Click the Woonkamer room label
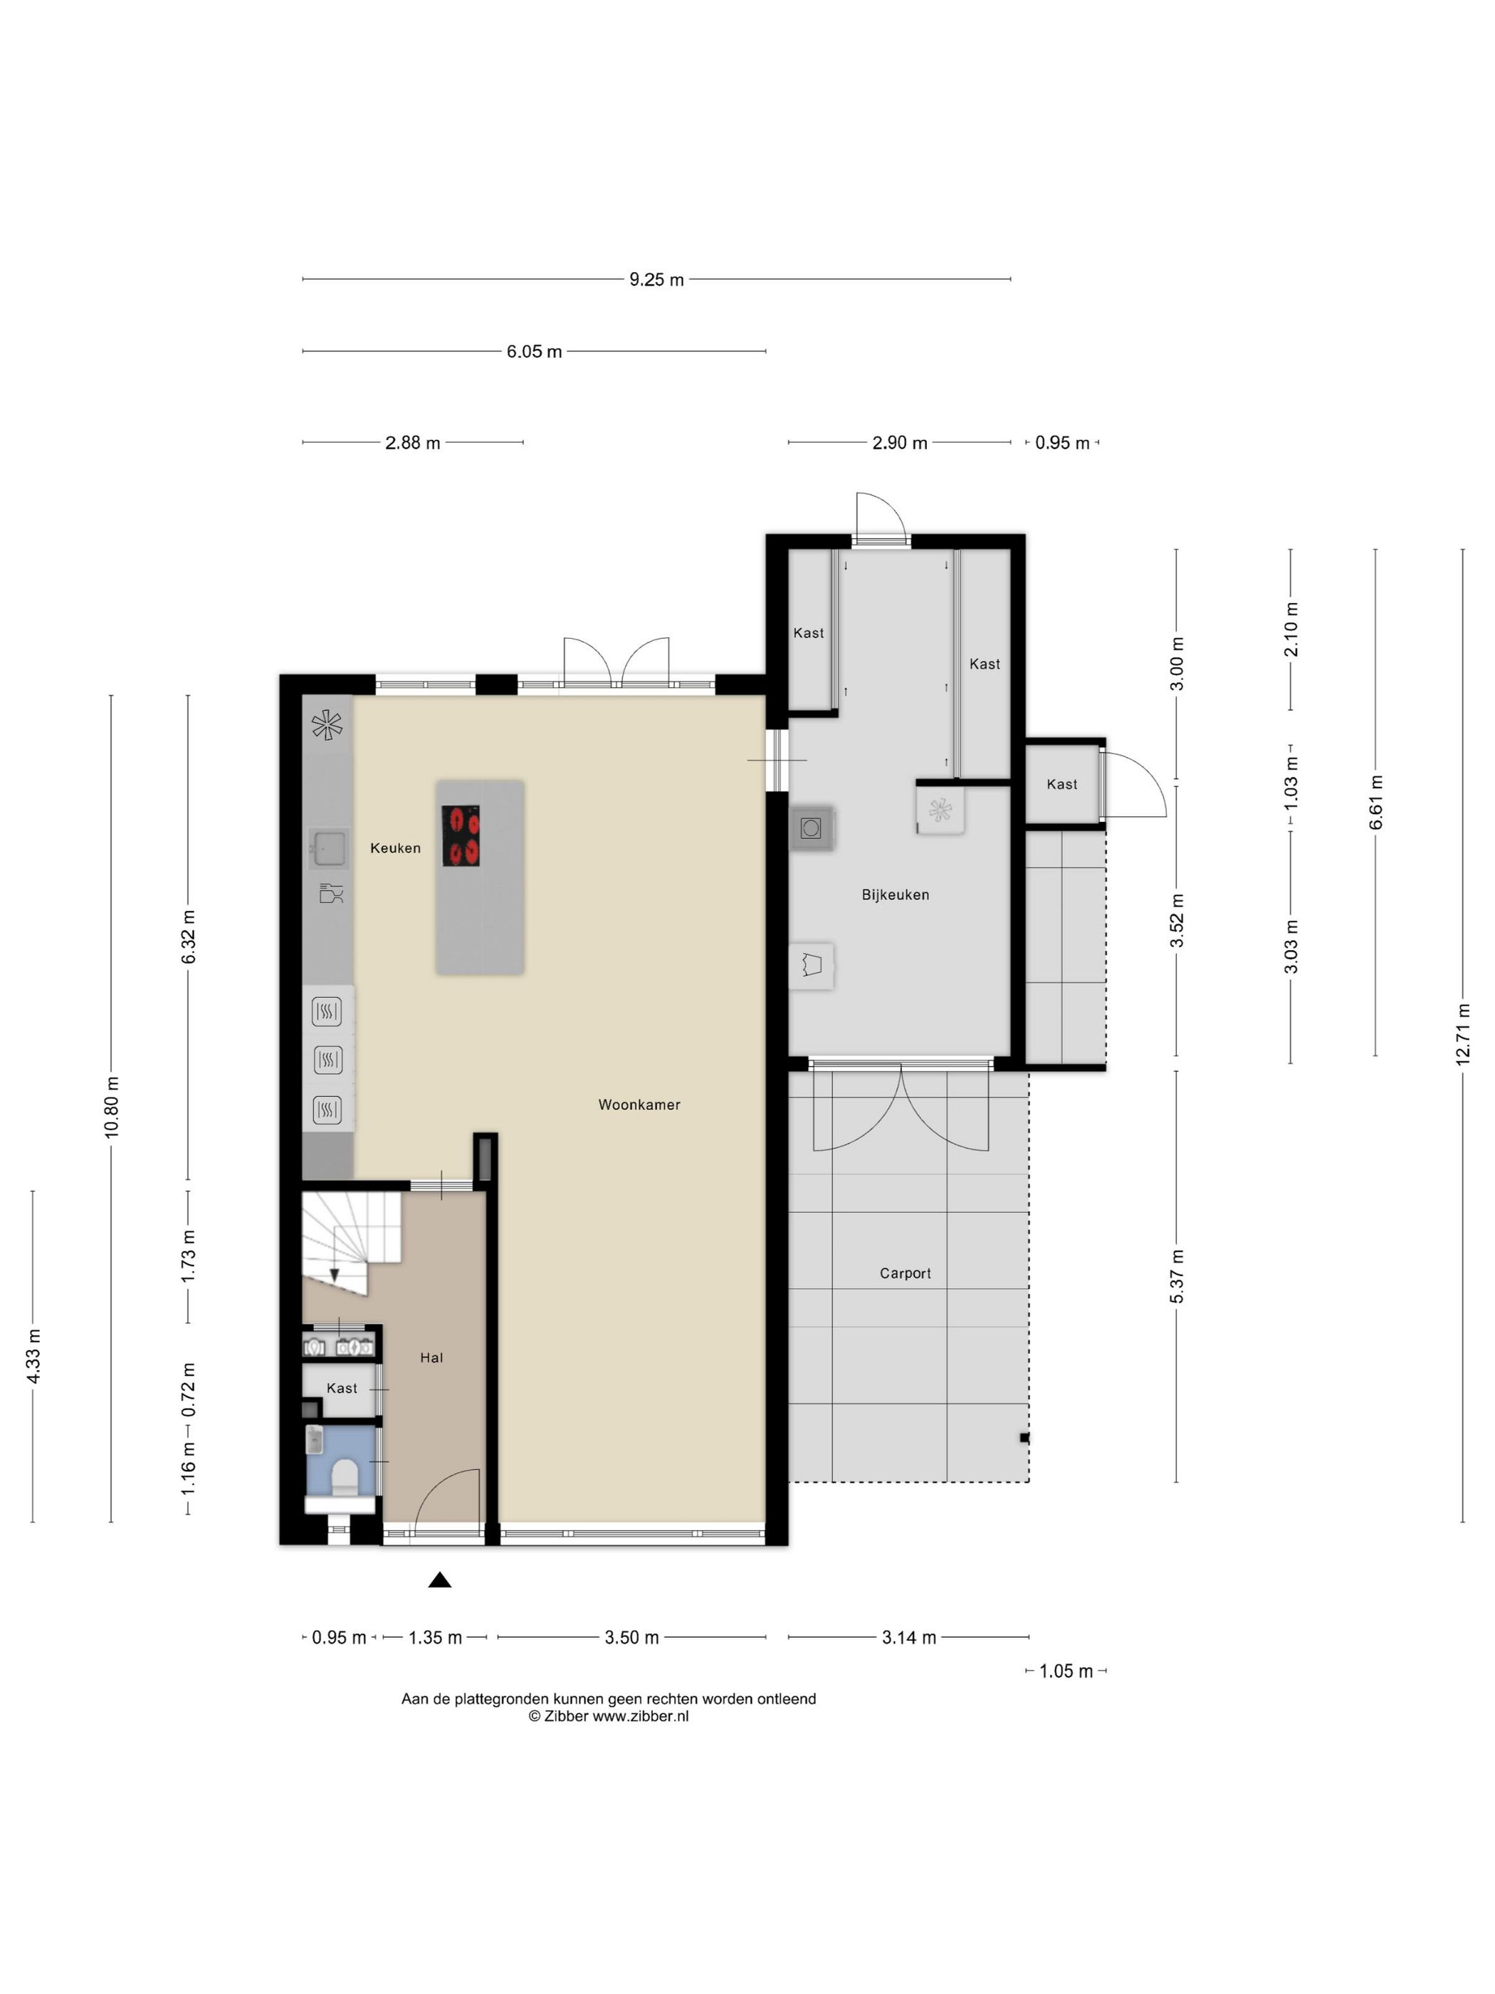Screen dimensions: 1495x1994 point(639,1105)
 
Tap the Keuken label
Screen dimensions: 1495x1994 point(394,847)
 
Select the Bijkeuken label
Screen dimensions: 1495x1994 point(895,894)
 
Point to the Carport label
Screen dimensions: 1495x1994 point(905,1273)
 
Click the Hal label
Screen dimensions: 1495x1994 point(431,1357)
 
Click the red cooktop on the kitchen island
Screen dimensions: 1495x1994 point(460,835)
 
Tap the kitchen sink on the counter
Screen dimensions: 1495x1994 point(328,847)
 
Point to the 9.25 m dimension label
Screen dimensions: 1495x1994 point(656,279)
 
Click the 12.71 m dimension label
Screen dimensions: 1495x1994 point(1462,1034)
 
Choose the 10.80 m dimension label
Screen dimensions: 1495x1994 point(112,1107)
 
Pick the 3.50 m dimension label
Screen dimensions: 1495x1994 point(631,1637)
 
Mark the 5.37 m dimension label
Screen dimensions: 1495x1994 point(1177,1275)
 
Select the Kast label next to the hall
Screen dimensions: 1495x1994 point(342,1388)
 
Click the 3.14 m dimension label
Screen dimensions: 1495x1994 point(908,1637)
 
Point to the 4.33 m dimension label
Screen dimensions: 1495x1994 point(33,1356)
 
